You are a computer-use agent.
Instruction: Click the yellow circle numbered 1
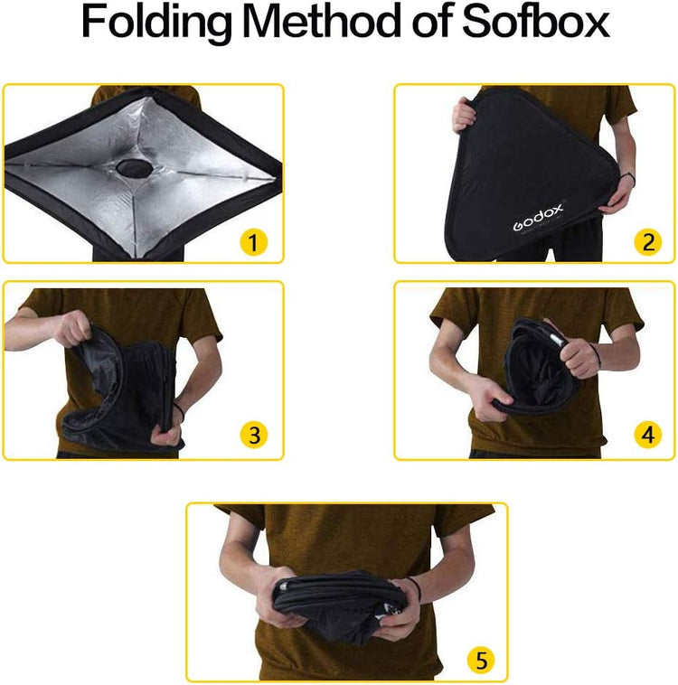[254, 241]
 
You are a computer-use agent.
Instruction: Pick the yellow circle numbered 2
[646, 241]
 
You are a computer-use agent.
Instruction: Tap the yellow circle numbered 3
[254, 436]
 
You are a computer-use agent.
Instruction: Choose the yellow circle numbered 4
[646, 436]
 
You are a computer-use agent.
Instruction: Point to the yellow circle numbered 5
[480, 660]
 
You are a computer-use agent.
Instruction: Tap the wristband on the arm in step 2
[627, 180]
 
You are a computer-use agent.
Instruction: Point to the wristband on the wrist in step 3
[179, 412]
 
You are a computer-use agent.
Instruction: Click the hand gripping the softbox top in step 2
[465, 114]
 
